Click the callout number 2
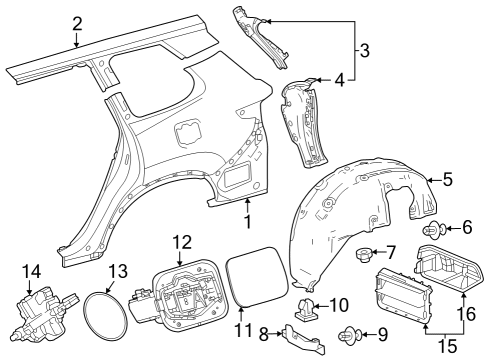point(76,21)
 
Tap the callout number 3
point(364,48)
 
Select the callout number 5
point(447,180)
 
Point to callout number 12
point(181,241)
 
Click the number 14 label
point(31,270)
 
